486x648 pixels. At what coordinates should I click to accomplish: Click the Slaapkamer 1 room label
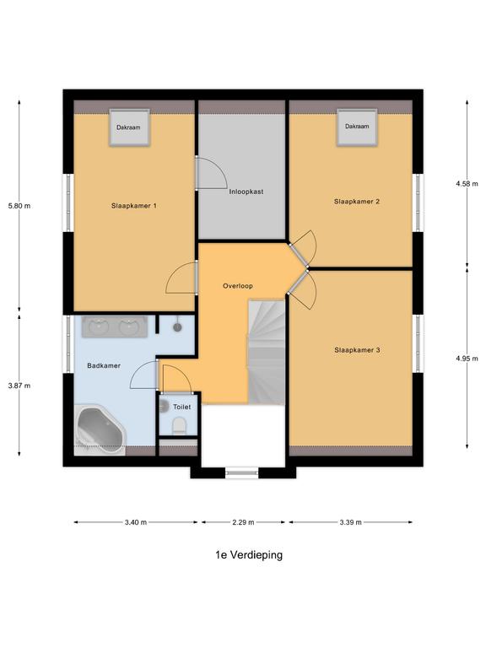coord(134,205)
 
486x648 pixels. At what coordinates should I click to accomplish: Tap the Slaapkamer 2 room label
coord(357,201)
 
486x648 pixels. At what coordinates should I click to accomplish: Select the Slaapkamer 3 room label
coord(357,349)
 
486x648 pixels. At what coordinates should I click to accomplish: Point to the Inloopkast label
coord(246,192)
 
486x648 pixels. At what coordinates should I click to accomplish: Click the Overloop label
coord(238,286)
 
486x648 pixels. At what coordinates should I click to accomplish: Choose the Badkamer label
coord(104,365)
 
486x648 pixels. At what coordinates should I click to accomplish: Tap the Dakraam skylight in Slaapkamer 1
coord(128,127)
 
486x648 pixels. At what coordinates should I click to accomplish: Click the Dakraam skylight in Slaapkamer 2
coord(356,127)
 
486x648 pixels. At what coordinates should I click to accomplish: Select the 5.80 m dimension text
coord(19,205)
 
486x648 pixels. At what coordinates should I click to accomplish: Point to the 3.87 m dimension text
coord(19,386)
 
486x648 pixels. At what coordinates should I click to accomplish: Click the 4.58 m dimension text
coord(467,183)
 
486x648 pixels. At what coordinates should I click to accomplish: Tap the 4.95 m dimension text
coord(467,358)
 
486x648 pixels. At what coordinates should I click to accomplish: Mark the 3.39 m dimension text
coord(350,522)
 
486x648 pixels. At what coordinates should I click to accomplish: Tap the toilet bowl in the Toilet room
coord(177,427)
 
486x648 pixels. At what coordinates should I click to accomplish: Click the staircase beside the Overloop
coord(266,346)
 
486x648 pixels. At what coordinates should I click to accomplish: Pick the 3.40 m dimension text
coord(135,522)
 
